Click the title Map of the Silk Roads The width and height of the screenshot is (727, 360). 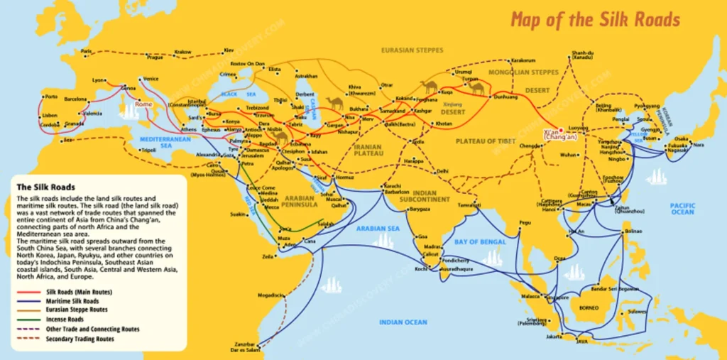[595, 19]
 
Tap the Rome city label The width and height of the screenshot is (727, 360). [143, 104]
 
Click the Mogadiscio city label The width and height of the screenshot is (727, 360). [273, 294]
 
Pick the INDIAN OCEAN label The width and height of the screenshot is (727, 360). [403, 322]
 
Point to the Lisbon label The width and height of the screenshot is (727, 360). [50, 115]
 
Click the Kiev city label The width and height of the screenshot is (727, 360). [229, 50]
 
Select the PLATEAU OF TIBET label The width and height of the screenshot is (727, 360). [486, 141]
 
